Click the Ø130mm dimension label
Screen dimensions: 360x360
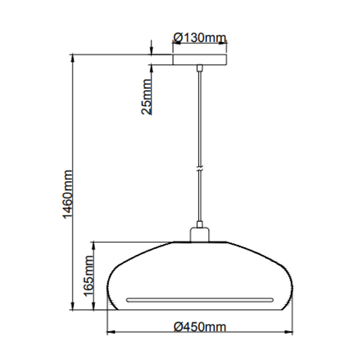coord(199,38)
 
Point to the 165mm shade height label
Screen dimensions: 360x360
coord(89,277)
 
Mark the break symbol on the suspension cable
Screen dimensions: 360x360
coord(199,169)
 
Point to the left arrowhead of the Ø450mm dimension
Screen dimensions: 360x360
coord(110,332)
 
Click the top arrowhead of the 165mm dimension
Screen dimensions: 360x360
coord(94,245)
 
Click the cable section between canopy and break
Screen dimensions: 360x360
coord(199,114)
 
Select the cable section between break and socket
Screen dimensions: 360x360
coord(199,198)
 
